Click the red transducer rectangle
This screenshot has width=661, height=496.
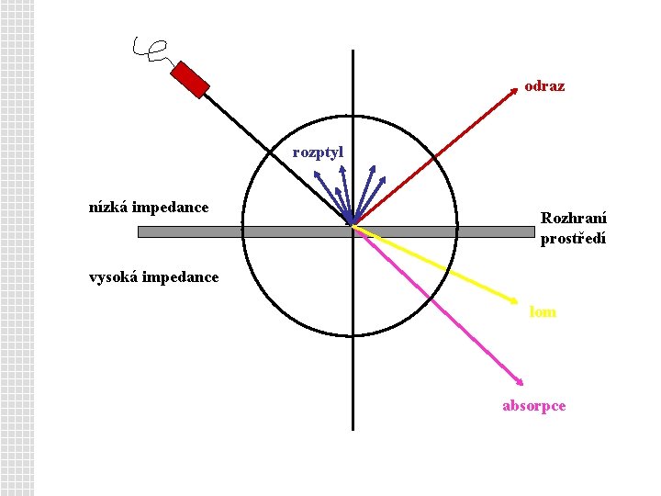tap(192, 79)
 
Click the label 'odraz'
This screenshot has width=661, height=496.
tap(544, 86)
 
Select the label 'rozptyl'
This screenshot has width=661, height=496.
tap(318, 152)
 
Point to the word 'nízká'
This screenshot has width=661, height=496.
tap(107, 208)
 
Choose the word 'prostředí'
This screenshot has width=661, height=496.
tap(573, 239)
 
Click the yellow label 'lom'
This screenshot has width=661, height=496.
tap(543, 312)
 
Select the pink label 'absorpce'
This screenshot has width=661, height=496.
tap(534, 405)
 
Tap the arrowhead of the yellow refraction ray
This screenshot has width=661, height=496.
tap(519, 301)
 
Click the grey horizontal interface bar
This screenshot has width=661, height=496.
tap(230, 231)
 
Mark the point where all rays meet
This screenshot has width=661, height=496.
tap(353, 223)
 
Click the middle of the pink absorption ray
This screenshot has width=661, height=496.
tap(437, 302)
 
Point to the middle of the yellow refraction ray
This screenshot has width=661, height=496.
tap(437, 263)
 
